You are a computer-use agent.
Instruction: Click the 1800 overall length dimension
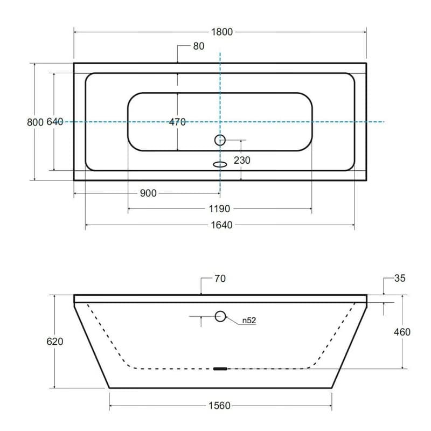pyautogui.click(x=222, y=32)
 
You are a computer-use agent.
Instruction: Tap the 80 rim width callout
pyautogui.click(x=199, y=46)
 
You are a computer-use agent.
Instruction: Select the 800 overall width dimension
pyautogui.click(x=35, y=122)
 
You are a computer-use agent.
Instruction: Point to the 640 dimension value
pyautogui.click(x=55, y=122)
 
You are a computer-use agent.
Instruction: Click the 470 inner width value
pyautogui.click(x=177, y=122)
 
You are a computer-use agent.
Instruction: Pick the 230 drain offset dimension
pyautogui.click(x=242, y=160)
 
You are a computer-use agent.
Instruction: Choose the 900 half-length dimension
pyautogui.click(x=148, y=193)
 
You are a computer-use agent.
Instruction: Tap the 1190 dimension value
pyautogui.click(x=219, y=209)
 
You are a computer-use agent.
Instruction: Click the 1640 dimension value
pyautogui.click(x=221, y=225)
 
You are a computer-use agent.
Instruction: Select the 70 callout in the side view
pyautogui.click(x=220, y=279)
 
